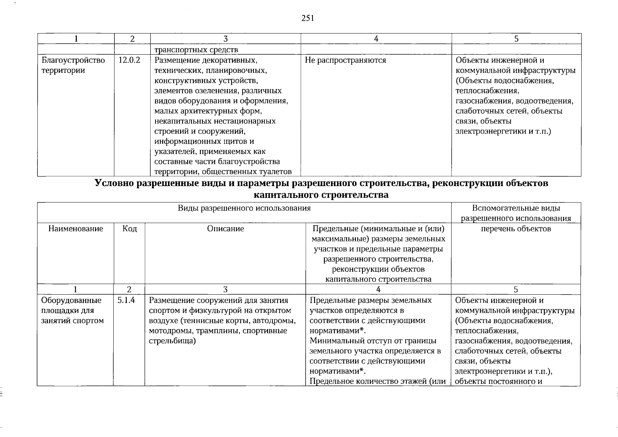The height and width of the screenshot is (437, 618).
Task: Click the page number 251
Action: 308,18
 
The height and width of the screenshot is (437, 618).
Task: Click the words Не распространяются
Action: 345,60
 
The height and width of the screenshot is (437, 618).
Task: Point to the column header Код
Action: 129,229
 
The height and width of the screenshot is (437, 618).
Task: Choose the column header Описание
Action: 225,229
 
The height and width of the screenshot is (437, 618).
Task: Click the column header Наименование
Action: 75,229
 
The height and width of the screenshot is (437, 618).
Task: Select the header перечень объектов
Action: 516,229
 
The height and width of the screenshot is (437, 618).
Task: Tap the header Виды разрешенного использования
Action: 244,208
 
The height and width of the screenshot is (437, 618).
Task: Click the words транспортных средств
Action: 196,50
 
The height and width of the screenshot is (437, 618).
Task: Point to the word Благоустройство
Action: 73,60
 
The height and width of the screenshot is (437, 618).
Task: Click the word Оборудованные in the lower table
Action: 71,300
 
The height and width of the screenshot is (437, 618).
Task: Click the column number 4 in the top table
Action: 376,39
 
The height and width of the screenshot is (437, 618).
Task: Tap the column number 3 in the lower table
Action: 225,290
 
